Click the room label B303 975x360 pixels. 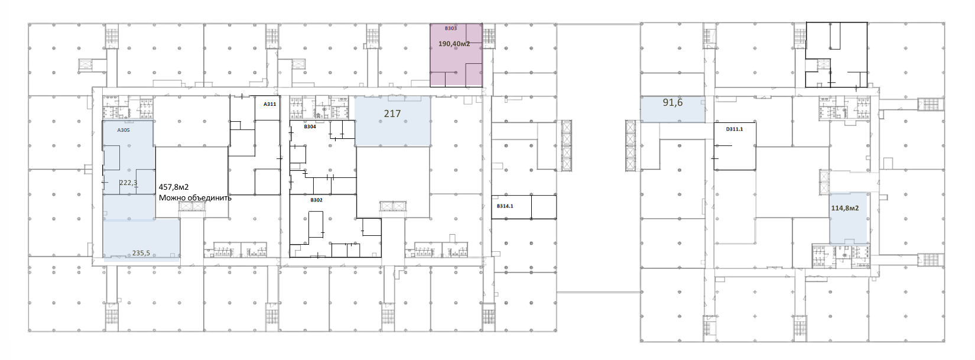pos(450,28)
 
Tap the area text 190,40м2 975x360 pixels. pos(454,44)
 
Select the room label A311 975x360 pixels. pos(269,104)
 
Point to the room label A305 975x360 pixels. pos(123,129)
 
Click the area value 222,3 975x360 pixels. pos(128,183)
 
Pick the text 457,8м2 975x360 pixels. pos(173,187)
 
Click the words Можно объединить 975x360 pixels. pos(195,198)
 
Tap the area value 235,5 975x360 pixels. pos(141,253)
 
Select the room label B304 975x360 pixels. pos(310,127)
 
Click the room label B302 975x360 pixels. pos(317,200)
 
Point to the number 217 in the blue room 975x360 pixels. pos(392,113)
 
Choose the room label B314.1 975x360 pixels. pos(505,206)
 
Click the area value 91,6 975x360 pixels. pos(672,103)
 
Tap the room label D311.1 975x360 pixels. pos(734,129)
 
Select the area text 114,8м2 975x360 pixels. pos(845,208)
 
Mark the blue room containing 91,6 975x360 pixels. pos(673,110)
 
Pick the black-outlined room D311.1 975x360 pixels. pos(734,146)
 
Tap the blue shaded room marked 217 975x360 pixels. pos(392,121)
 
